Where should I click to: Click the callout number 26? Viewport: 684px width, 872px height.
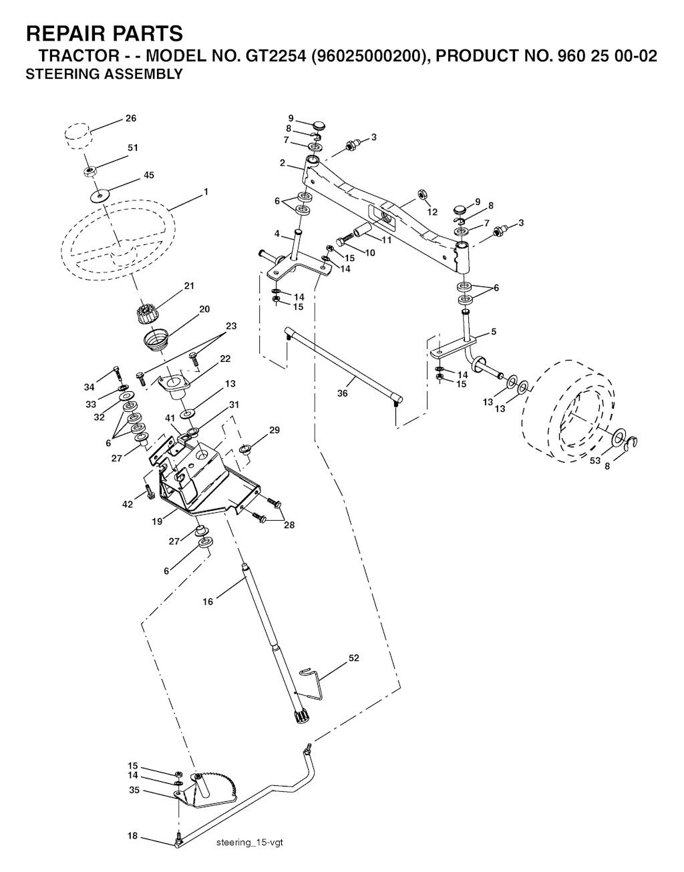click(131, 118)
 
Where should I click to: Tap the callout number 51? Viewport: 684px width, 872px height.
click(133, 148)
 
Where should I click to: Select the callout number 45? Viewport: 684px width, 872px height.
click(149, 176)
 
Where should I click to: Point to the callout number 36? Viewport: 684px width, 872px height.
click(343, 394)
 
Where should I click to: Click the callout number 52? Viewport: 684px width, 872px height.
click(354, 658)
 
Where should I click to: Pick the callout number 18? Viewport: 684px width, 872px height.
click(132, 836)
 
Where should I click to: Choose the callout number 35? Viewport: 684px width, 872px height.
click(134, 790)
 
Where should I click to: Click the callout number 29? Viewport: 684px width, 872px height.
click(274, 430)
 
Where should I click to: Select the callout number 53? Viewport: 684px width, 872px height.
click(595, 461)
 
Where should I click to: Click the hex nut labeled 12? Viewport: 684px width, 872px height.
click(422, 194)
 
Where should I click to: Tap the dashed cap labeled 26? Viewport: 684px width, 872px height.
click(79, 136)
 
